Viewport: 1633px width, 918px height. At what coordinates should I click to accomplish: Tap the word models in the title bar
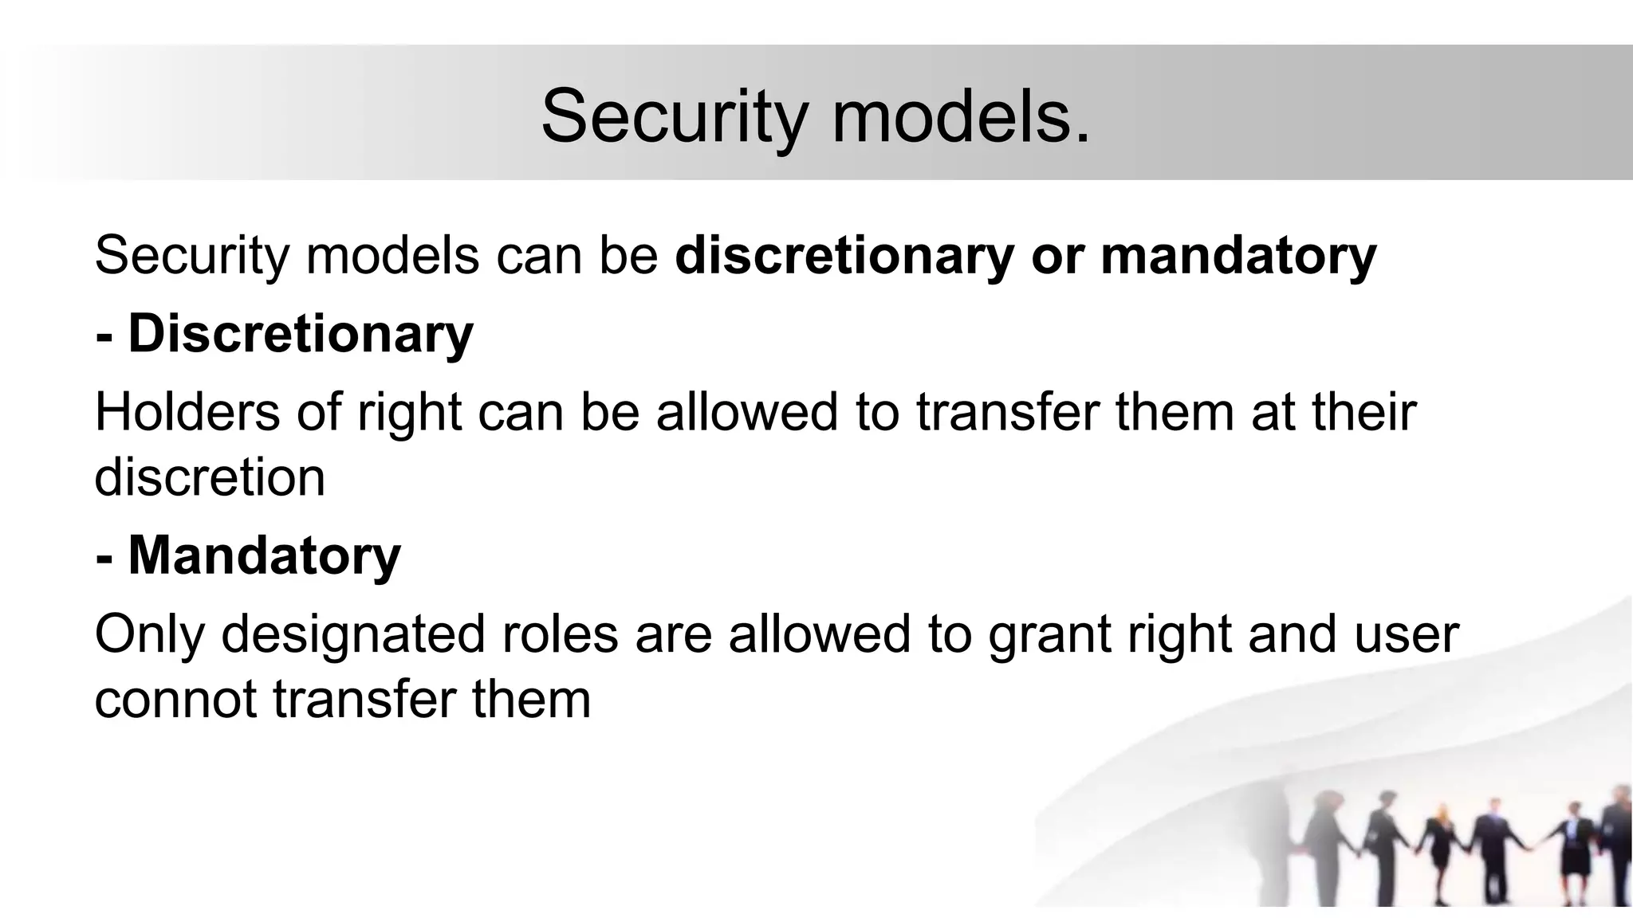[x=961, y=116]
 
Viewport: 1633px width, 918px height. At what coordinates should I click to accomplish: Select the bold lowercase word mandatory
[x=1238, y=257]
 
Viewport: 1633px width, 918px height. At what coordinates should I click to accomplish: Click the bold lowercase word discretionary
[x=844, y=257]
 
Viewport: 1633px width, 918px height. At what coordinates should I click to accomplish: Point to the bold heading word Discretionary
[x=301, y=334]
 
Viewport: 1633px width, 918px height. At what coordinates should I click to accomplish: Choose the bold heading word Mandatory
[x=265, y=555]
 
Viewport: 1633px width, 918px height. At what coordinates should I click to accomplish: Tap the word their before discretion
[x=1363, y=412]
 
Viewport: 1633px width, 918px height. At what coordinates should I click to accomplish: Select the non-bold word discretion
[x=210, y=478]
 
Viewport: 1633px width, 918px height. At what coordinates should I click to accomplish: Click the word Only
[x=149, y=634]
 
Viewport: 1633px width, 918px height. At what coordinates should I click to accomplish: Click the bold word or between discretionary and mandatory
[x=1057, y=257]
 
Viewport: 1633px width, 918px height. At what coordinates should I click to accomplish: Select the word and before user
[x=1292, y=634]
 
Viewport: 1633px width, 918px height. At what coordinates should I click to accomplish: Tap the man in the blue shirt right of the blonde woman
[x=1488, y=845]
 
